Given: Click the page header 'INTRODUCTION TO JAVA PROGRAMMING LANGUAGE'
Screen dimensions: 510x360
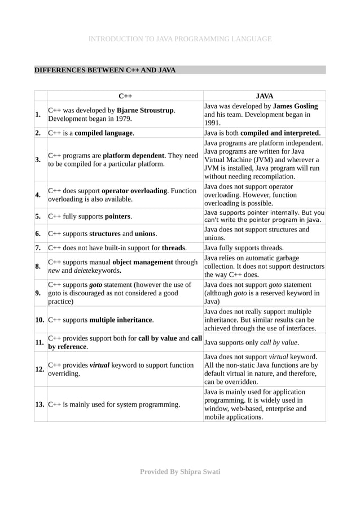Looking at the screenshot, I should [x=180, y=39].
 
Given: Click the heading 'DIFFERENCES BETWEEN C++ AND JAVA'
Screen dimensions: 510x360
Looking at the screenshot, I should [x=105, y=70].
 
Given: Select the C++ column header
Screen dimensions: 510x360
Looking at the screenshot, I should [x=125, y=96].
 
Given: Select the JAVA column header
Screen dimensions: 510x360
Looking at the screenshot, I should [x=264, y=96].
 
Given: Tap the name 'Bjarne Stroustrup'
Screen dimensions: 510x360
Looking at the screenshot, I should [x=146, y=110].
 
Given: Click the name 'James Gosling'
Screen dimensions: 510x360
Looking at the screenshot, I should [x=295, y=106].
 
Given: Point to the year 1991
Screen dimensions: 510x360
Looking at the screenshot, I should [x=212, y=123].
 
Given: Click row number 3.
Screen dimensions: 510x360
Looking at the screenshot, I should [x=38, y=159].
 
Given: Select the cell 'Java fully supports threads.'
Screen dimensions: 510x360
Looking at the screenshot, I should [x=244, y=247].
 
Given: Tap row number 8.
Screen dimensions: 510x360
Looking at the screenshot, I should [x=38, y=266].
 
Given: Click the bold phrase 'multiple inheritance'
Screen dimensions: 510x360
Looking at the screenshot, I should [x=121, y=320].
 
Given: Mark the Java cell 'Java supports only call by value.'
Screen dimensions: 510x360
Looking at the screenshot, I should [x=251, y=342].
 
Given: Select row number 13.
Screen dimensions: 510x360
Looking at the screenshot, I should [x=40, y=404].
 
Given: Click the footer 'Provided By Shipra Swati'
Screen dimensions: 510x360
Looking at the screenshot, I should [x=180, y=472].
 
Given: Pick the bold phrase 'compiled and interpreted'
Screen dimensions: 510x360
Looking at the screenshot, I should [x=280, y=133].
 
